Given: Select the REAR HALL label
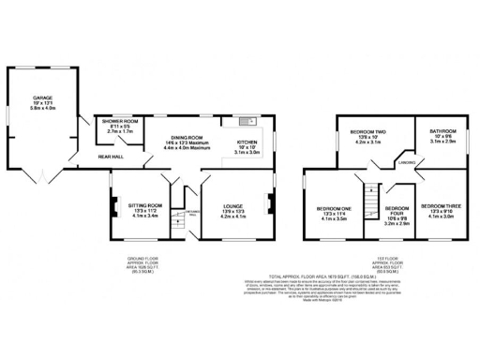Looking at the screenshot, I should (x=112, y=157).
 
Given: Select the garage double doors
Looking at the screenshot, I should (x=42, y=176).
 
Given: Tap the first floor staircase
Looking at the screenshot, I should (x=371, y=195).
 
